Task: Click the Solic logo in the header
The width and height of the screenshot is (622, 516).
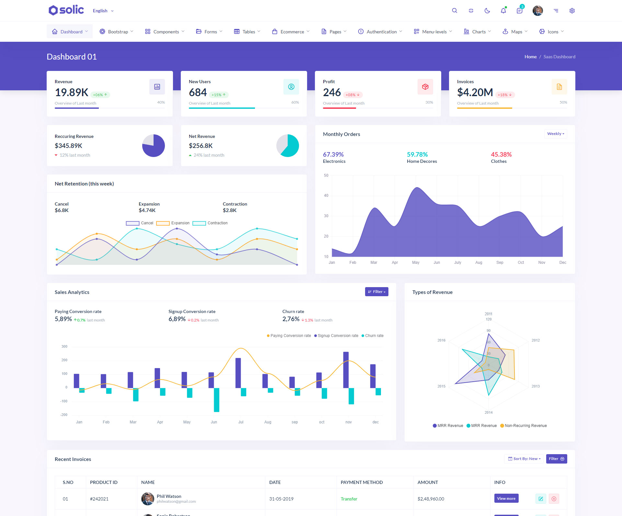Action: click(66, 10)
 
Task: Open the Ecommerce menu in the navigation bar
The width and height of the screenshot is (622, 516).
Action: click(291, 32)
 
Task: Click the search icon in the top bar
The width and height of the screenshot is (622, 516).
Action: click(455, 11)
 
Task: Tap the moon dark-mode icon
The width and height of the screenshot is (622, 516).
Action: click(487, 11)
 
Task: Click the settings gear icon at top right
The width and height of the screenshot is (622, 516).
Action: click(572, 11)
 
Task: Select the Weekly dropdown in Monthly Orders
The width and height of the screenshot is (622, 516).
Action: click(555, 134)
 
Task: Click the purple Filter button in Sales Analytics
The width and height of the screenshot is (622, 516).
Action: click(376, 292)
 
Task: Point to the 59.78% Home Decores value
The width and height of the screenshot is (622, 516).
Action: click(417, 154)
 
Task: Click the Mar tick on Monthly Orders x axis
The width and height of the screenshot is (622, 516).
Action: click(374, 263)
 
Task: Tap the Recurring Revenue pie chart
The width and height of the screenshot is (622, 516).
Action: click(154, 146)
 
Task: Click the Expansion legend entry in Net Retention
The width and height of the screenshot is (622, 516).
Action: click(173, 223)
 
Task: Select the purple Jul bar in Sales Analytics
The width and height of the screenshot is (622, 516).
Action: click(238, 373)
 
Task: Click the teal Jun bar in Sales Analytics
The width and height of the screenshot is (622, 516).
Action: click(216, 400)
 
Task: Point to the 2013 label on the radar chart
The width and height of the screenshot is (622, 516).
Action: click(536, 386)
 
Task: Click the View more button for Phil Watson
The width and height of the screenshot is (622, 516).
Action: click(506, 499)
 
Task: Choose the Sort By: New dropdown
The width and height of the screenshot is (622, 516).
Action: click(524, 459)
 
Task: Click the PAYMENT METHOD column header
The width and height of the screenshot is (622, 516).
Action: click(362, 482)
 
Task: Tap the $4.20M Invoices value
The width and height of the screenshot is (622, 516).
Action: click(475, 93)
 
